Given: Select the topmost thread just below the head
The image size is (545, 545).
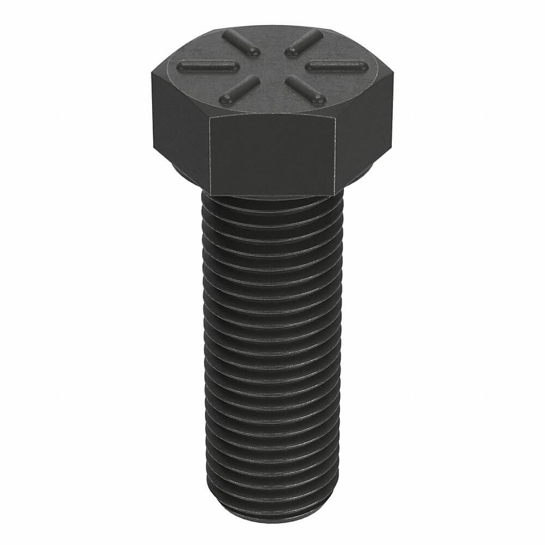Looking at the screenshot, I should pyautogui.click(x=272, y=206).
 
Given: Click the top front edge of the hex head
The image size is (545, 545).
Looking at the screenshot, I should pyautogui.click(x=272, y=116).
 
